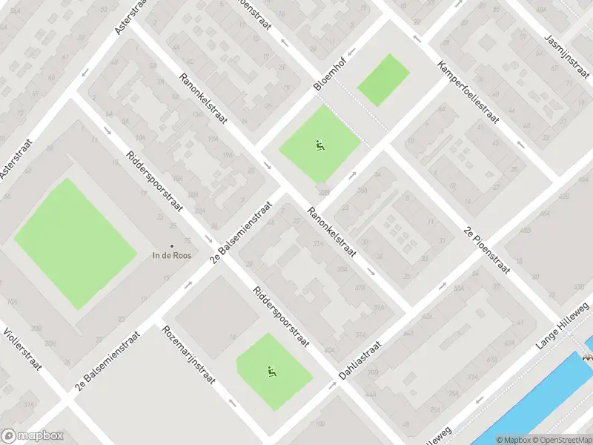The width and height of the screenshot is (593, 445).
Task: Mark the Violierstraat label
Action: [x=22, y=349]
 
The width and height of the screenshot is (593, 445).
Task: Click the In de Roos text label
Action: [x=172, y=256]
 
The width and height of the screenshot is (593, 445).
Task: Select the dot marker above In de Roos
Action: [x=172, y=245]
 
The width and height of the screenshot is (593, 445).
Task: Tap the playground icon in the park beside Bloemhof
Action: [x=320, y=145]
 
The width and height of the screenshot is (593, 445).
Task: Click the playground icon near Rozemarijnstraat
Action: [x=271, y=371]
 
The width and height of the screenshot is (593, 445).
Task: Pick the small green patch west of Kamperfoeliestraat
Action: [x=383, y=79]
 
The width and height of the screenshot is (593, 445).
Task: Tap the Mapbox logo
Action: [x=31, y=436]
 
